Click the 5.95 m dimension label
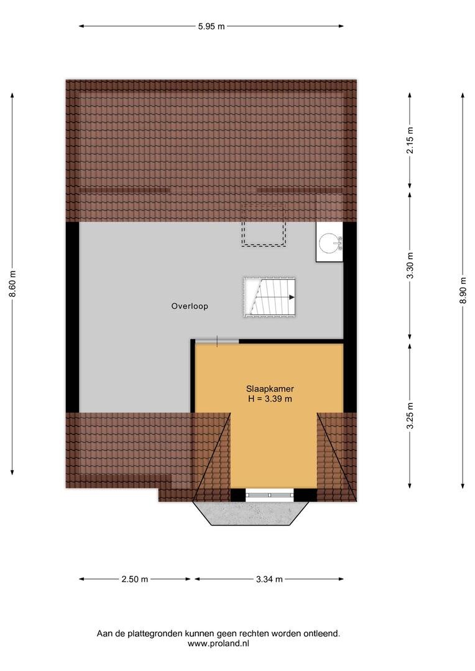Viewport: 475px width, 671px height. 211,26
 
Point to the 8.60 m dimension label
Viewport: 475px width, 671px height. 13,284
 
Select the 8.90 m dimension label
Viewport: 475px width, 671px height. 463,291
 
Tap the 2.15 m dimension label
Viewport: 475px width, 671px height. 410,140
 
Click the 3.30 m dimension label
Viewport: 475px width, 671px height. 410,265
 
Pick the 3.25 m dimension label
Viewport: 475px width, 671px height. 410,416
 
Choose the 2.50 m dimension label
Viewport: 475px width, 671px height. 134,579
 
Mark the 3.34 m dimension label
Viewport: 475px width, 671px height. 269,579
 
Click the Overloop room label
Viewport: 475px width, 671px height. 190,306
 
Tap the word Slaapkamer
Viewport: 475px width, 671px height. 270,389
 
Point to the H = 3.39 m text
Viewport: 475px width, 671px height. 270,399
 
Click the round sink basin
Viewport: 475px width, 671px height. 330,242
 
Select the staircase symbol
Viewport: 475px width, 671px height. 269,298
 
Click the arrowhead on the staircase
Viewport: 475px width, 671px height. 292,297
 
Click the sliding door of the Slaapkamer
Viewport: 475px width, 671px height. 217,341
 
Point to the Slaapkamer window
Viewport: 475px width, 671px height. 270,495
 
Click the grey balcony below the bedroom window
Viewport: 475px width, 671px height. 251,513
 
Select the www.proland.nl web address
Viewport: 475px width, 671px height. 218,643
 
